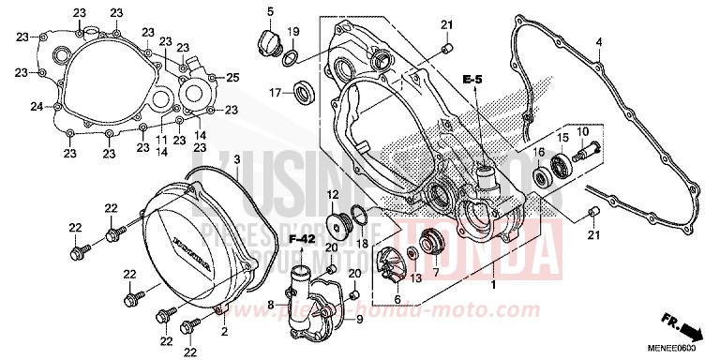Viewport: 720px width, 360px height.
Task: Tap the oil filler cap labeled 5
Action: point(264,41)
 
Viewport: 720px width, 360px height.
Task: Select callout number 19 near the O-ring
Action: point(292,32)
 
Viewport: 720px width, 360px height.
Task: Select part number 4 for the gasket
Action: point(599,41)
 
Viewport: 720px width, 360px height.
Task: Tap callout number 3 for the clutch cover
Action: point(238,161)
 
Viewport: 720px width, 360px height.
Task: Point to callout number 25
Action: point(233,77)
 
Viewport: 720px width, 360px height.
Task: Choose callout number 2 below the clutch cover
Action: point(225,330)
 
